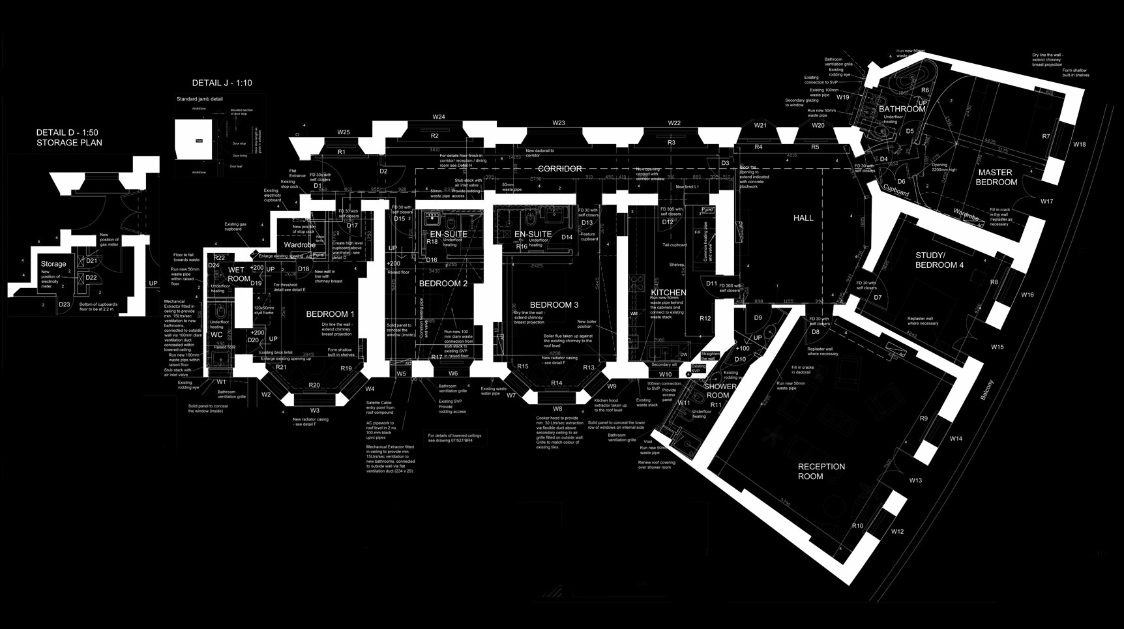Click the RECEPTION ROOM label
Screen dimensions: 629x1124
[821, 471]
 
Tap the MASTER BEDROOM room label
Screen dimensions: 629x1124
[996, 177]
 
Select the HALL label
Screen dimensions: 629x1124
[803, 218]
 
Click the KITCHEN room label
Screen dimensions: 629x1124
[668, 293]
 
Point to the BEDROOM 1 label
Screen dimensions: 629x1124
[330, 314]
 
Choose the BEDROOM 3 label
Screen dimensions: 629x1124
[554, 304]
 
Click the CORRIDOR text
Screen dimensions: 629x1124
[559, 169]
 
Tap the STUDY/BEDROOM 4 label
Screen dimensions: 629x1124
[939, 260]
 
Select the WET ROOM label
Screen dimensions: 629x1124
[238, 274]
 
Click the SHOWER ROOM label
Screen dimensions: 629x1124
[720, 390]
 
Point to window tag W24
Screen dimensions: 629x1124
[439, 117]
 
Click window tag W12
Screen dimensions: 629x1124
[897, 532]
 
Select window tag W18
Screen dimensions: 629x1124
[1080, 145]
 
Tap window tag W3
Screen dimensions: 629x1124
[315, 411]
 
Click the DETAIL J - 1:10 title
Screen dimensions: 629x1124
[222, 83]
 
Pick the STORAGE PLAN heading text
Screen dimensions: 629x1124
[69, 143]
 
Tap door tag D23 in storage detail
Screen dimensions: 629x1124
[64, 304]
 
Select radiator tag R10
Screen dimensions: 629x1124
[857, 526]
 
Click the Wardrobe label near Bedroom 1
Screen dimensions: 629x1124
[299, 245]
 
